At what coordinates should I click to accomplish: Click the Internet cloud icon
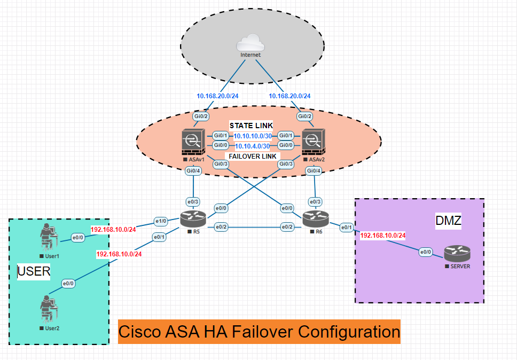(250, 43)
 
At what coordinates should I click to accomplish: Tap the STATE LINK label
(251, 126)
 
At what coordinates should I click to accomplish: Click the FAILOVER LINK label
(252, 156)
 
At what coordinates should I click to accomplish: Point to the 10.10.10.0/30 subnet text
(253, 136)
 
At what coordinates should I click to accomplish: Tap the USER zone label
(34, 271)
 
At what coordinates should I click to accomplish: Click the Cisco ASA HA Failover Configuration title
(259, 332)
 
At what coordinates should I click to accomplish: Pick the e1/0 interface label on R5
(161, 220)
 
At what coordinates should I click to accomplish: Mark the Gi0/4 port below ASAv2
(314, 171)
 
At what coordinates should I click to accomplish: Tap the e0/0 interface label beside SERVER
(426, 252)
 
